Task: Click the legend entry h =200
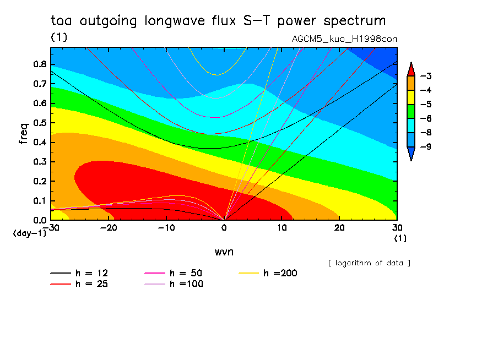(279, 273)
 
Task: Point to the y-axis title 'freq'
(23, 134)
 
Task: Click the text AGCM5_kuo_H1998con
(344, 39)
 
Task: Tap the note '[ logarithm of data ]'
(369, 263)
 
